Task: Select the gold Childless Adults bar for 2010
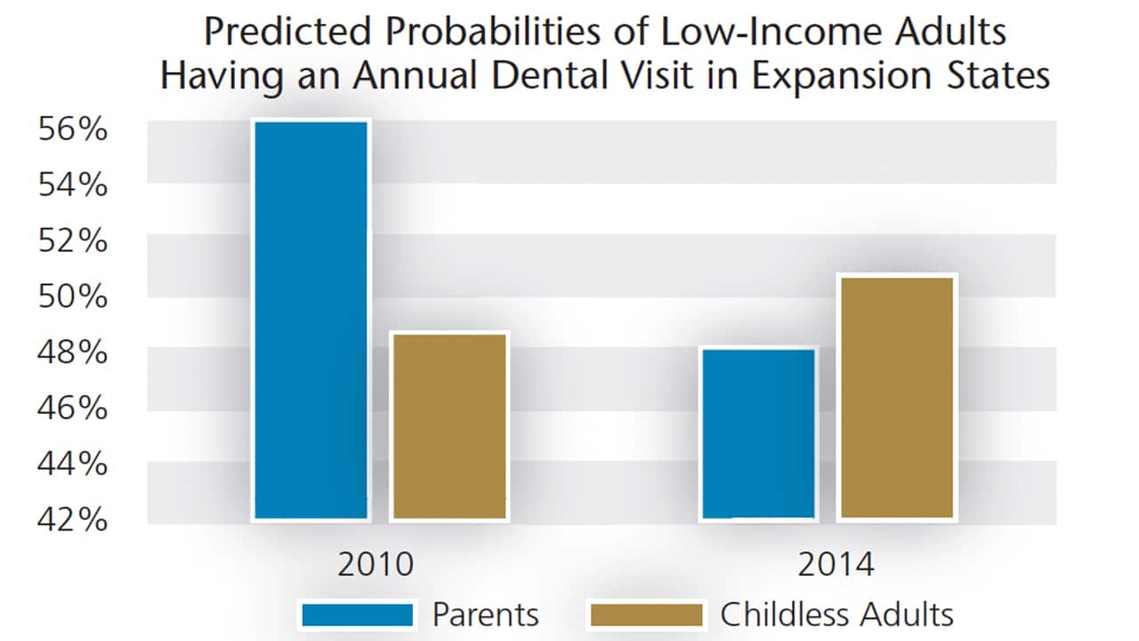coord(449,426)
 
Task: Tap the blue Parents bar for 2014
coord(759,433)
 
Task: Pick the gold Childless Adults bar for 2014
coord(897,397)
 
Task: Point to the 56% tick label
coord(72,130)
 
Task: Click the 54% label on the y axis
coord(72,185)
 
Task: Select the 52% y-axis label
coord(72,241)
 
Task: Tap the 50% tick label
coord(72,296)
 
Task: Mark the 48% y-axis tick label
coord(72,353)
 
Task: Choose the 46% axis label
coord(72,408)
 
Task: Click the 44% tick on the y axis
coord(72,464)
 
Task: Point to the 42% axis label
coord(72,519)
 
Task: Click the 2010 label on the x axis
coord(375,565)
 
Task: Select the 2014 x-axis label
coord(836,565)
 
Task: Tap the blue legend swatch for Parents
coord(358,614)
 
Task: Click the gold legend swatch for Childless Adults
coord(645,614)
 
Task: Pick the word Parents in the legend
coord(485,614)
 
